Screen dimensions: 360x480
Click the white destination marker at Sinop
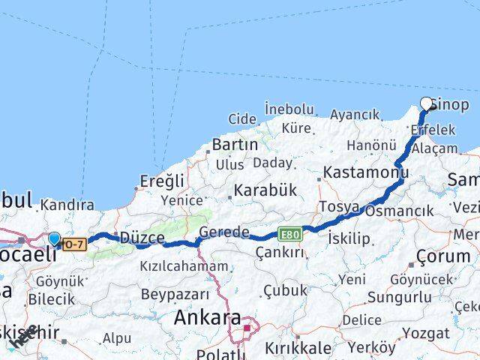coord(427,104)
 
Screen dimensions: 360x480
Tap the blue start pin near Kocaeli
coord(55,239)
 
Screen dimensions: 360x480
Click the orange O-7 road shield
coord(73,243)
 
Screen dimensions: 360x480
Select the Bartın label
coord(235,144)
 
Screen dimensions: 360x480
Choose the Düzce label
coord(142,238)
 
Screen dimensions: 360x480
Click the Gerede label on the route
coord(224,232)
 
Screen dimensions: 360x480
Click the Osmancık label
coord(400,211)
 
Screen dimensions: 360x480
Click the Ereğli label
coord(163,180)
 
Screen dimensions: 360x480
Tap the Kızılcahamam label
coord(184,266)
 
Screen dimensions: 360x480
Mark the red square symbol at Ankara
coord(247,327)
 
